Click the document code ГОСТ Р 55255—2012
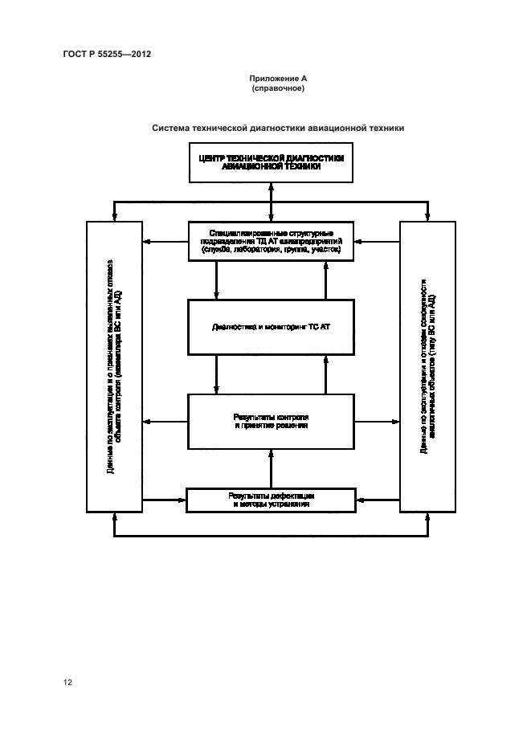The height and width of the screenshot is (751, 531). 107,55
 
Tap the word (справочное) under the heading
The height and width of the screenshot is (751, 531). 277,88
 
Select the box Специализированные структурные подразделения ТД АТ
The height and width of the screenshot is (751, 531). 272,241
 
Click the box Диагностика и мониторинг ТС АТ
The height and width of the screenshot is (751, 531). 272,328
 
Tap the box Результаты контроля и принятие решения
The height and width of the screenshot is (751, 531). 272,421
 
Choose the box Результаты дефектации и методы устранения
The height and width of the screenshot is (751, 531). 272,500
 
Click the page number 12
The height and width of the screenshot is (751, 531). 68,682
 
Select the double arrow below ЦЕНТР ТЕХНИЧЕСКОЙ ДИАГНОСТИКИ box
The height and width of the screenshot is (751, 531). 272,201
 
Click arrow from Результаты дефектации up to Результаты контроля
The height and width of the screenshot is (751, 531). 272,468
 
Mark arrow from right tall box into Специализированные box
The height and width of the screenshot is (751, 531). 377,241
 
